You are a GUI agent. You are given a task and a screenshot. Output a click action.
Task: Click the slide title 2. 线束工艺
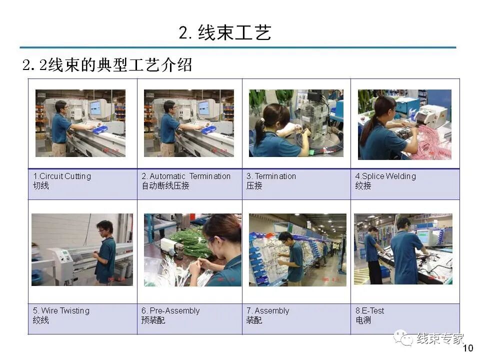[225, 33]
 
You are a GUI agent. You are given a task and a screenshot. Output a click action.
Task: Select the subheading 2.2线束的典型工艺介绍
[107, 65]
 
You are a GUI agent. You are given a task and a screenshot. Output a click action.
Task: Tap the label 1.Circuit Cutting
[62, 176]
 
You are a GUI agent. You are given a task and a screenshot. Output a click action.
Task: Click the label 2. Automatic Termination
[186, 176]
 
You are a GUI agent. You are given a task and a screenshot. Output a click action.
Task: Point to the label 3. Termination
[271, 176]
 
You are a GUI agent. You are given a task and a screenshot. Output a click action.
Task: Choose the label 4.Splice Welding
[385, 176]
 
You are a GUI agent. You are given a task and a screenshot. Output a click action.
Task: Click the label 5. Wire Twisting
[61, 310]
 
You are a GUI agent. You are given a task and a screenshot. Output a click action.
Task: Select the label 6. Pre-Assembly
[170, 310]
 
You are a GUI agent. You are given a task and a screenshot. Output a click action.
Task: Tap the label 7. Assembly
[267, 310]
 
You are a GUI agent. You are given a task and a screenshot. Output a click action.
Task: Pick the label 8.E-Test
[369, 310]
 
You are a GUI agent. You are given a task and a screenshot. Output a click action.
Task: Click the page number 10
[468, 348]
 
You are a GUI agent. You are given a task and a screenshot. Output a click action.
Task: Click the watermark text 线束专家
[440, 338]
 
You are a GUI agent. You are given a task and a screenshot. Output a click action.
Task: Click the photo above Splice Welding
[404, 124]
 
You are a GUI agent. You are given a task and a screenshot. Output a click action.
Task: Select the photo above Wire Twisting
[82, 249]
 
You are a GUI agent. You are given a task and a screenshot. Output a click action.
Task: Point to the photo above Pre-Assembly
[192, 249]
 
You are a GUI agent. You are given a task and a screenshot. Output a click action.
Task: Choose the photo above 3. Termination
[296, 123]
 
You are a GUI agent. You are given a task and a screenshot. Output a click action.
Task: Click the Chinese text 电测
[363, 320]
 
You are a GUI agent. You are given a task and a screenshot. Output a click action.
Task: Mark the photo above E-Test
[403, 249]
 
